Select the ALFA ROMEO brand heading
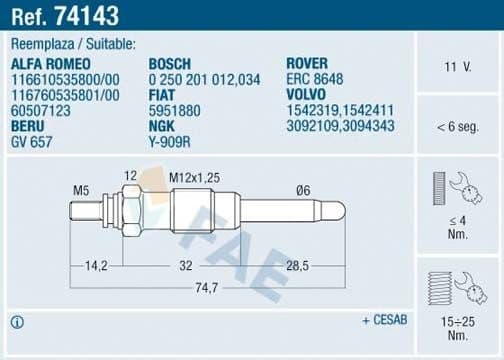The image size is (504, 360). click(49, 63)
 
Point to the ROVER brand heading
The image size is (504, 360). click(308, 63)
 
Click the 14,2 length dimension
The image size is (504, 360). click(96, 267)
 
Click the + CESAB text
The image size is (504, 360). click(384, 321)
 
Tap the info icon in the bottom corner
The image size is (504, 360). click(18, 322)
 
